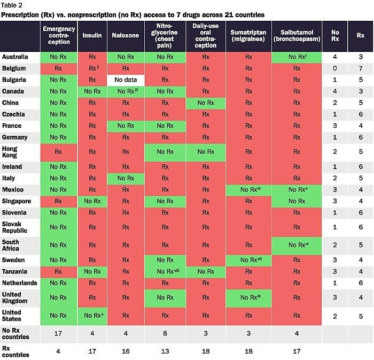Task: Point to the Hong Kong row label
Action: click(x=11, y=151)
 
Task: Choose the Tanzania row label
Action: click(x=15, y=271)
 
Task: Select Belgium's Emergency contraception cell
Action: click(x=59, y=68)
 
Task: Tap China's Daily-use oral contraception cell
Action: click(x=203, y=102)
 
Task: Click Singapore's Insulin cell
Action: click(x=92, y=201)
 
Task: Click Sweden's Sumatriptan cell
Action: click(x=248, y=260)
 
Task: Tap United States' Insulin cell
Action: click(x=92, y=316)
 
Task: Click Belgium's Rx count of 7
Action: click(x=361, y=68)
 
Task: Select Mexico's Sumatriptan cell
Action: click(x=248, y=189)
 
